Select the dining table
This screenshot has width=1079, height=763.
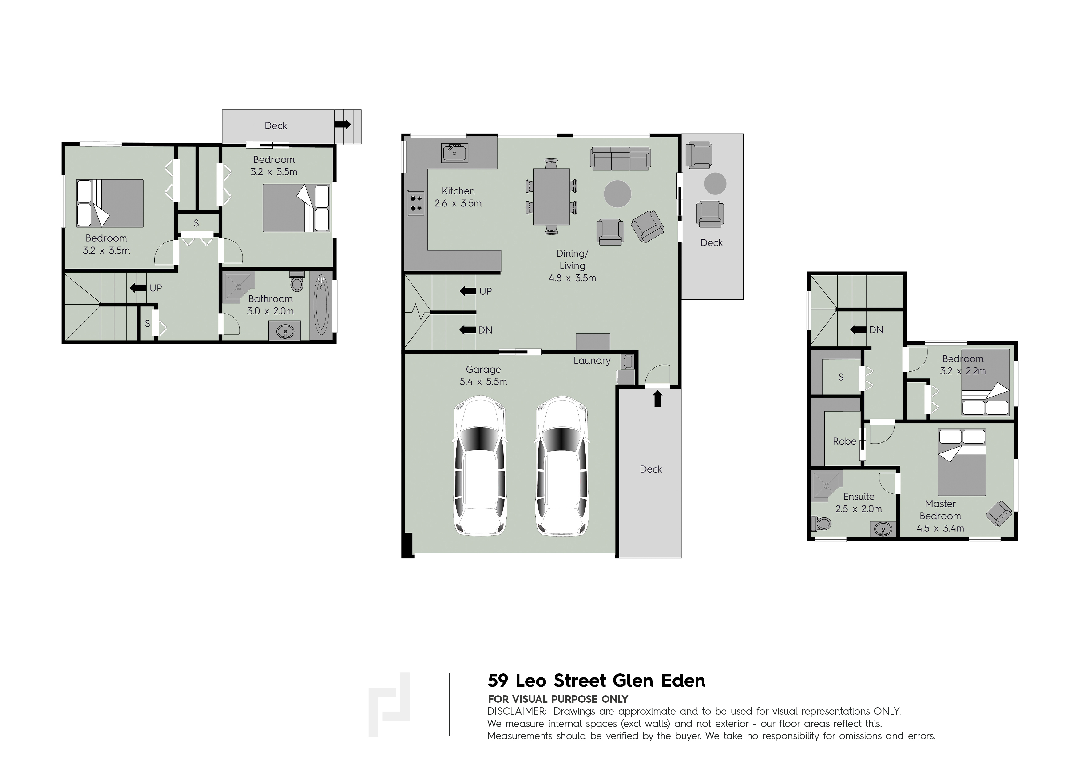pos(551,197)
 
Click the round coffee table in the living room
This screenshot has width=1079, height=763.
pos(617,194)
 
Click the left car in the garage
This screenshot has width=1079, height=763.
pos(480,466)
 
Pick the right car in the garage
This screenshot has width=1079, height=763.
pos(561,466)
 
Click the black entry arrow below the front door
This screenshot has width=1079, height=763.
pos(657,399)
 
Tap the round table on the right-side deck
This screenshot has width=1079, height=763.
pos(715,183)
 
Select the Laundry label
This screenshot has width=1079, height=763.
pos(592,361)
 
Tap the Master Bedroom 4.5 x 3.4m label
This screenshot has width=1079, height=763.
pos(940,516)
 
